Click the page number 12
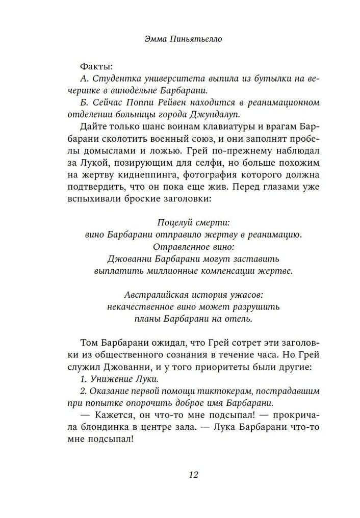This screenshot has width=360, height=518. pos(193,475)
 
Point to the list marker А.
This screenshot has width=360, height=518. pos(84,79)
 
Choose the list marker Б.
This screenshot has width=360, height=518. pos(84,102)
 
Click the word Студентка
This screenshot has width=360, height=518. pos(115,79)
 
